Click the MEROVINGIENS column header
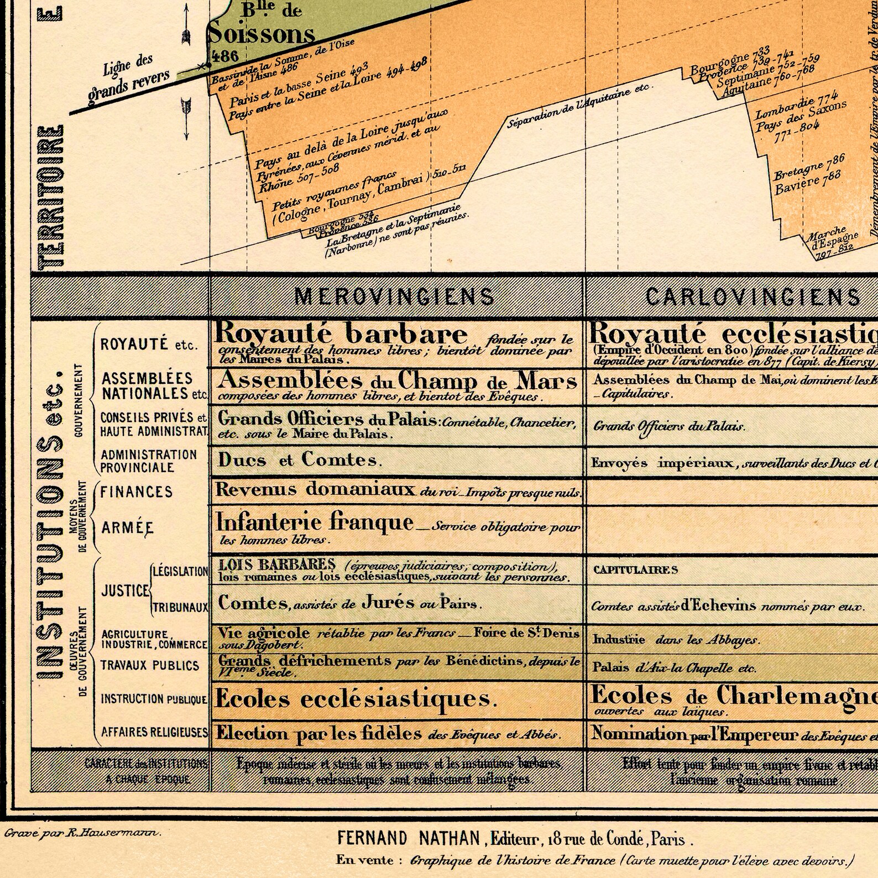click(x=395, y=297)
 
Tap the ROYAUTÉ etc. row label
click(x=148, y=345)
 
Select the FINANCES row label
click(x=137, y=492)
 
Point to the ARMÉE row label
click(x=127, y=528)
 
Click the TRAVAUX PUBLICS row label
click(x=149, y=665)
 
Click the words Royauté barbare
click(x=341, y=333)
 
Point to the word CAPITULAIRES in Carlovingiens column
click(x=635, y=569)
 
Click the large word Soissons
click(x=261, y=34)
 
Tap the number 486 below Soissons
click(x=224, y=56)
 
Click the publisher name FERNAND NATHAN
click(x=409, y=839)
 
